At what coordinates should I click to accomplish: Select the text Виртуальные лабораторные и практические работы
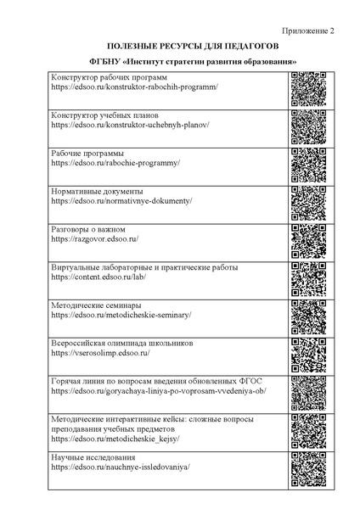click(x=144, y=267)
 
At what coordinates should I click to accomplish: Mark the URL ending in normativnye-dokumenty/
click(x=121, y=201)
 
